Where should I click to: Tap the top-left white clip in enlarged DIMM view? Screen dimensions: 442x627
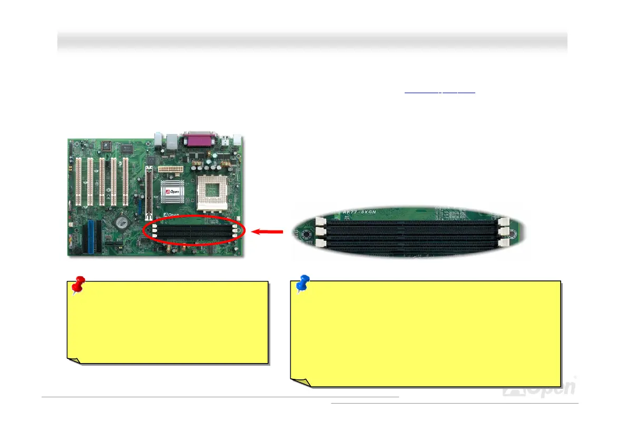(x=319, y=223)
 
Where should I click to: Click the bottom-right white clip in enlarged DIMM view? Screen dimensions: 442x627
(x=505, y=243)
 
